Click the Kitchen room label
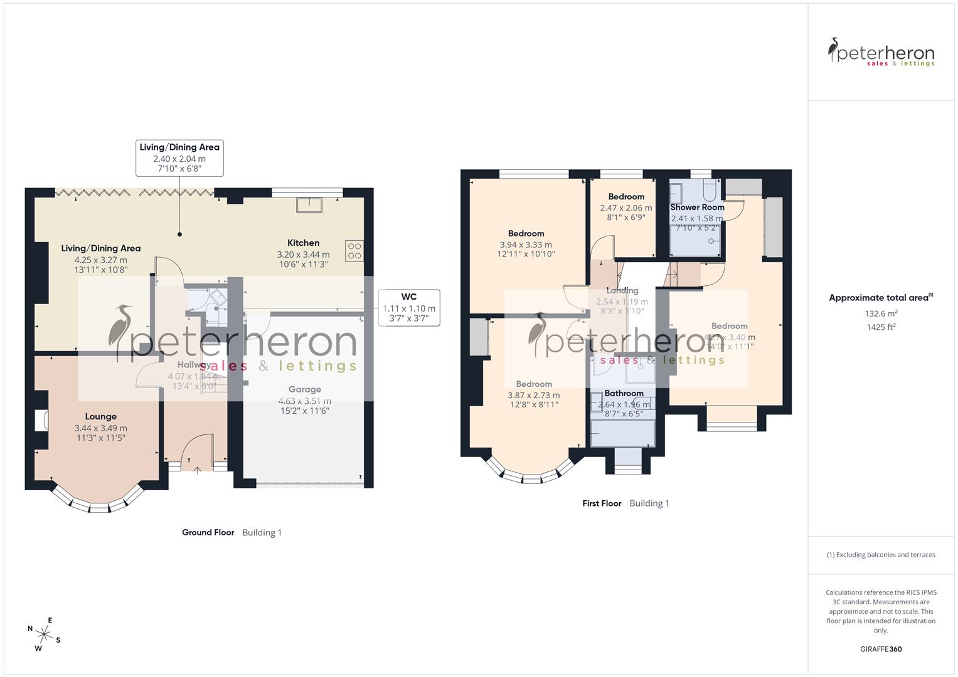303,243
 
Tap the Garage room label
304,389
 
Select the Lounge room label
100,416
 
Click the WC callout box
409,307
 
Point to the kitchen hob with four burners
354,251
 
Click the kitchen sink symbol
310,205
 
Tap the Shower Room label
697,207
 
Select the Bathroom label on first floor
624,394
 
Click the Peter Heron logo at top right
881,53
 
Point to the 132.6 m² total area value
881,313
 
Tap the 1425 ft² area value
881,327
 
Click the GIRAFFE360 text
881,649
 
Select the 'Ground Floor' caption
208,532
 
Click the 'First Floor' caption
602,503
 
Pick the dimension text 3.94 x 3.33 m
526,245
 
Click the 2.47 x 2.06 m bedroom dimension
625,208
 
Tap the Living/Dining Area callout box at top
179,158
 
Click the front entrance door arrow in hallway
198,469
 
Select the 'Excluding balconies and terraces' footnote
881,555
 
